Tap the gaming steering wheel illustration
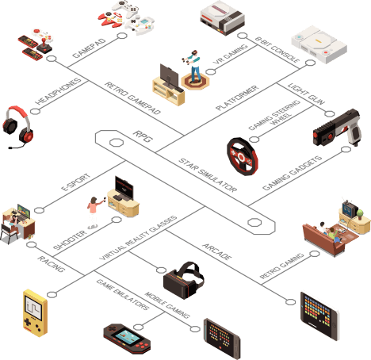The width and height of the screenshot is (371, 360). click(242, 156)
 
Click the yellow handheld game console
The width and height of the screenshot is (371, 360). click(35, 313)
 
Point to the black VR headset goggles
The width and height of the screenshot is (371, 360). click(184, 281)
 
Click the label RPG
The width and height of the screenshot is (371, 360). click(143, 136)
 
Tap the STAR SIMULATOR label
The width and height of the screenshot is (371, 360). click(208, 175)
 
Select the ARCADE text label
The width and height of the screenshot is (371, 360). click(217, 251)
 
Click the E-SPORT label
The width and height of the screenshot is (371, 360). click(75, 182)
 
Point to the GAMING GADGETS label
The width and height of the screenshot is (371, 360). click(293, 173)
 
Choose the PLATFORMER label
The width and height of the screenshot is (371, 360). click(237, 98)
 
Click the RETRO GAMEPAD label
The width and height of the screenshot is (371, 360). click(132, 98)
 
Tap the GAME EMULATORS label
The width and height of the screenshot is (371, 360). click(123, 294)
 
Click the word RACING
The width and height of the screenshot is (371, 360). click(52, 264)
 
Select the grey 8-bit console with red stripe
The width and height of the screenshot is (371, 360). click(223, 17)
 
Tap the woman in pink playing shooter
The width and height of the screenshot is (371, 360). click(94, 213)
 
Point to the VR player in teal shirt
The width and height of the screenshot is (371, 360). click(193, 66)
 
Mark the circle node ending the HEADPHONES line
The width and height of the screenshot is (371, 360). click(35, 111)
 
